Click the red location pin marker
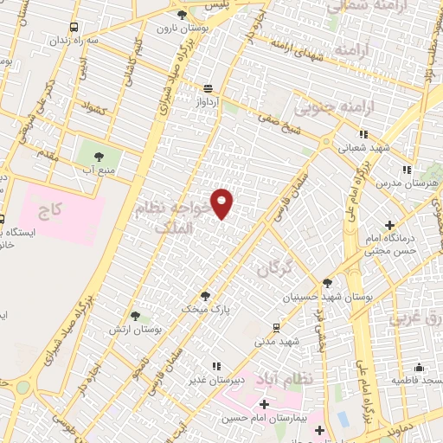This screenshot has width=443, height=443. point(222,202)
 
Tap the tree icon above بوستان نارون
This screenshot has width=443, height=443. point(181,16)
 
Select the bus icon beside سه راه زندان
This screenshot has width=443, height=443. point(74,27)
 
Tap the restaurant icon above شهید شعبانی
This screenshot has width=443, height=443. point(363,134)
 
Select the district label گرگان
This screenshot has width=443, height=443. point(275,271)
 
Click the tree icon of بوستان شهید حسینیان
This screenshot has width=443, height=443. point(327,282)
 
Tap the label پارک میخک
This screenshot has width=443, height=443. point(201,307)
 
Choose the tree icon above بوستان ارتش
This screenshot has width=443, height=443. point(134,317)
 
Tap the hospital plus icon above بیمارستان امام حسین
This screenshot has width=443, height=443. point(263,404)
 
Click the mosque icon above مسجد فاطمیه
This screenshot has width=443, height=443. point(420,367)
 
